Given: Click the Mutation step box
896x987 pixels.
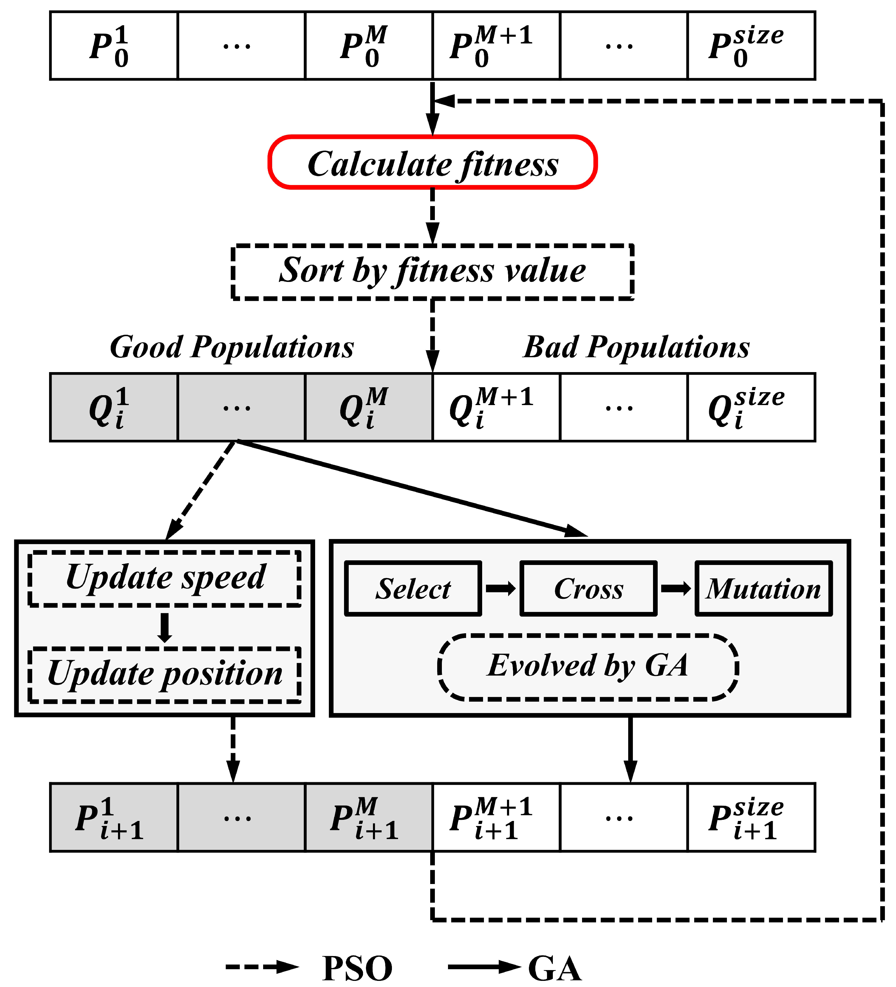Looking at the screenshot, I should click(763, 588).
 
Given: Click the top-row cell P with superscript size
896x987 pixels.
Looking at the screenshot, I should click(751, 46).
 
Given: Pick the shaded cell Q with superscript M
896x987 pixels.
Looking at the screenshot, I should click(368, 407).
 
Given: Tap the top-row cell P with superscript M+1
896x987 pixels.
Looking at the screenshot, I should click(496, 46).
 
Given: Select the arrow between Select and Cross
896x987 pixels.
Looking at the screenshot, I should click(500, 588).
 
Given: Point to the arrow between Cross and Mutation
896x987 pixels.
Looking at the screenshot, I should click(676, 588).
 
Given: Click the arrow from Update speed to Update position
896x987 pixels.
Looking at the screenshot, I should click(165, 628).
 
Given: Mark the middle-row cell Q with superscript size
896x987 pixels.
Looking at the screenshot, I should click(751, 407).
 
